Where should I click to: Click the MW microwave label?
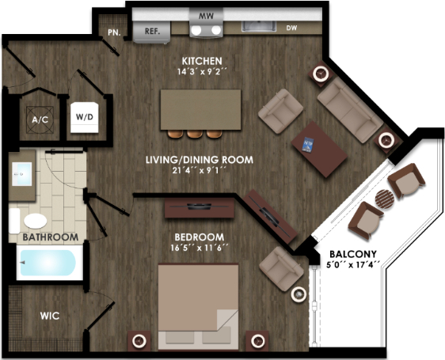pos(206,16)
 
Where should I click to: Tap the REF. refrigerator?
pos(151,32)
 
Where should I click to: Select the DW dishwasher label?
pos(291,28)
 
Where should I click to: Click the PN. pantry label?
pos(114,32)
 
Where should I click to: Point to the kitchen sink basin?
pos(259,26)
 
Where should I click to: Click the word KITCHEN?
pos(202,61)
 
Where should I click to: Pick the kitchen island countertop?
pos(200,109)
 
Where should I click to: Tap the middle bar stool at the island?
pos(195,134)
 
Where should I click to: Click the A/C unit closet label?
pos(40,120)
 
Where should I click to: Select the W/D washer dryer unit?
pos(85,117)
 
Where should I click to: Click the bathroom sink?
pos(22,174)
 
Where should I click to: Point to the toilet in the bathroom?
pos(29,221)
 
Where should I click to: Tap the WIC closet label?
pos(50,316)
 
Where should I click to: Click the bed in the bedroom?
pos(198,307)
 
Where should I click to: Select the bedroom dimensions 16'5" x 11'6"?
pos(200,248)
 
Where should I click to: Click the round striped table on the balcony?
pos(385,199)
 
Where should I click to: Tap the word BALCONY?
pos(353,254)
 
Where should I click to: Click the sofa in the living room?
pos(350,110)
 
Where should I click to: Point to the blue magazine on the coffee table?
pos(308,145)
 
